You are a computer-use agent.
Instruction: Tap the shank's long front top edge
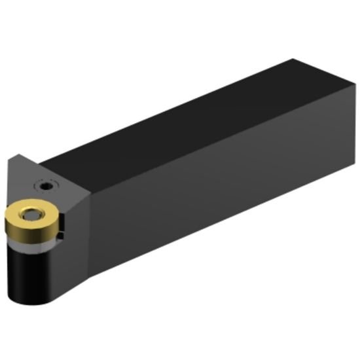click(216, 144)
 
